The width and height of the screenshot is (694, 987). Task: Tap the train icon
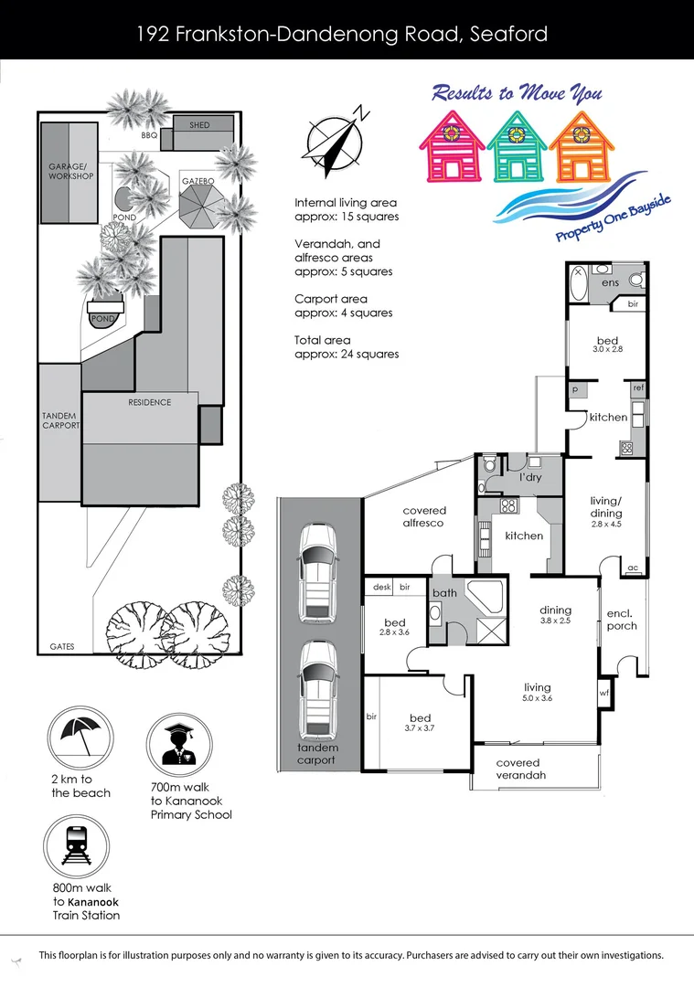[x=75, y=847]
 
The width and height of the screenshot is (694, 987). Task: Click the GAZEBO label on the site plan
[x=198, y=182]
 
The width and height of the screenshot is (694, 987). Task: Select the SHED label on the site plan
[x=199, y=125]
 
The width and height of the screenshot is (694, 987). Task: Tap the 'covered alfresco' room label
[x=424, y=517]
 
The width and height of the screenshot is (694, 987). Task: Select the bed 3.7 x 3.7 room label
[x=420, y=723]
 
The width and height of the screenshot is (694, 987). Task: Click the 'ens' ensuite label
[x=610, y=282]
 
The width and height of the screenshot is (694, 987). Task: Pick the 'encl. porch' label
[x=621, y=620]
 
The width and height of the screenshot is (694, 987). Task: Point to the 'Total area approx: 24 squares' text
[x=347, y=347]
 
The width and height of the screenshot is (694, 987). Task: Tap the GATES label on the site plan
[x=63, y=647]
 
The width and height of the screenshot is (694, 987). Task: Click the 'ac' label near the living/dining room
[x=633, y=568]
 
